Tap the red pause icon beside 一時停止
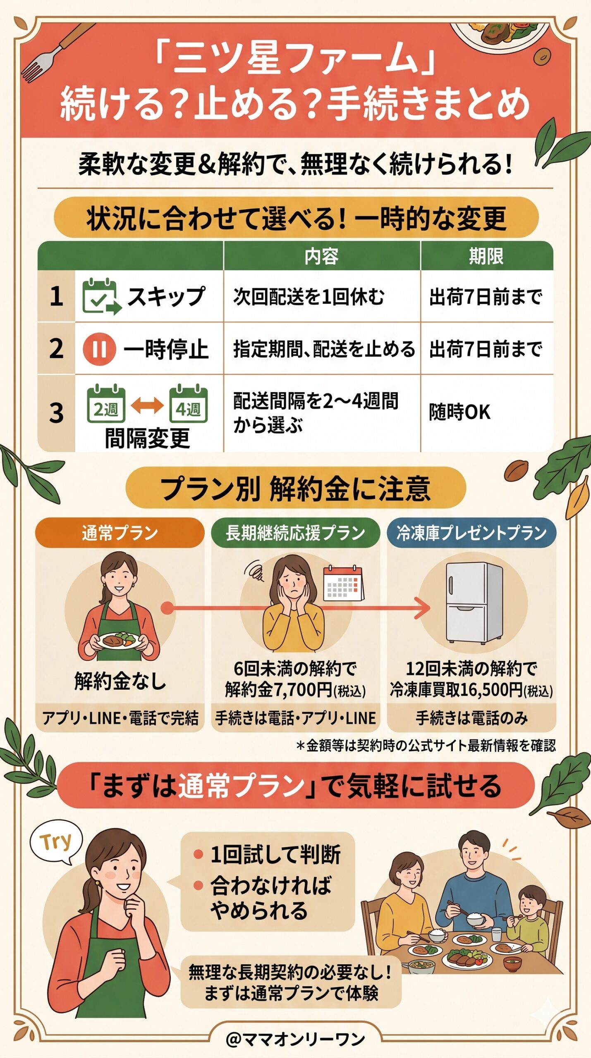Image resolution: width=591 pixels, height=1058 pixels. pos(99,349)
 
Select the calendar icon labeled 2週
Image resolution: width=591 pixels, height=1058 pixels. pos(106,404)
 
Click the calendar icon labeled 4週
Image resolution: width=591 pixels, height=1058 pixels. pos(188,404)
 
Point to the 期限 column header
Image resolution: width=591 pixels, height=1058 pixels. pos(486,256)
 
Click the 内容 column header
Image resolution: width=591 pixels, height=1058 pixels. pos(321,256)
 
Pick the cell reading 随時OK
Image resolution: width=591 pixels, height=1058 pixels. pos(459,412)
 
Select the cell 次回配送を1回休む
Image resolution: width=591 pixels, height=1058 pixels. pos(309,297)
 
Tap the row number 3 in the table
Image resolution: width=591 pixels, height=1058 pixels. pos(57,413)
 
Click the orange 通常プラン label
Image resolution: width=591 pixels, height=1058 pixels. pos(120,533)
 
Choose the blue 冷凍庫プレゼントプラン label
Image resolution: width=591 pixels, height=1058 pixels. pos(471,533)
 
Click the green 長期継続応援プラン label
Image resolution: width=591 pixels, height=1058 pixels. pos(295,533)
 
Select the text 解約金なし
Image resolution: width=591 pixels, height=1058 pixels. pos(120,681)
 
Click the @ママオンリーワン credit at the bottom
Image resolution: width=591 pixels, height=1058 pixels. pos(295,1039)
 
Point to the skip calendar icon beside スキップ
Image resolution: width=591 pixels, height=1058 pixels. pos(101,296)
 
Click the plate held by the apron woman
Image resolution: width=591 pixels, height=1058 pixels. pos(118,640)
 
